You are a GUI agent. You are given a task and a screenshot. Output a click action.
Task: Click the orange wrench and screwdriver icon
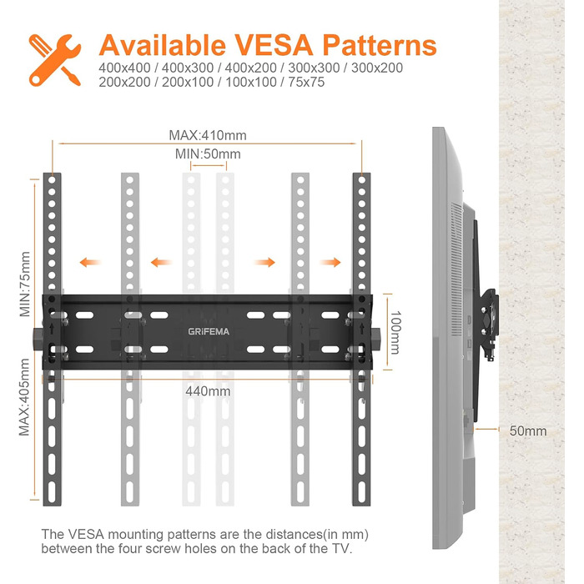[55, 60]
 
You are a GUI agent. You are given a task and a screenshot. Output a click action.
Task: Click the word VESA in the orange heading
[274, 45]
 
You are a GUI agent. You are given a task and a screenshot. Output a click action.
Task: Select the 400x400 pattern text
[124, 68]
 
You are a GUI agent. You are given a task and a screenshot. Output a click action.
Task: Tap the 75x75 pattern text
[306, 82]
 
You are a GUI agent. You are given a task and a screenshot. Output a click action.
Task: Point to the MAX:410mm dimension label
[208, 135]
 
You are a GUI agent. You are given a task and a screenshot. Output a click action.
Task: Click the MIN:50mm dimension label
[208, 154]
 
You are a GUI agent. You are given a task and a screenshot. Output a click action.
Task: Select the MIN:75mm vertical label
[25, 284]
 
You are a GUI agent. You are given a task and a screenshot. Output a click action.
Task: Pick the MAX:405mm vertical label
[24, 397]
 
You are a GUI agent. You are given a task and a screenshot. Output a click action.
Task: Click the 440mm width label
[208, 391]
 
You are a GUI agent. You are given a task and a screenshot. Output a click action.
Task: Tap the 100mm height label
[395, 332]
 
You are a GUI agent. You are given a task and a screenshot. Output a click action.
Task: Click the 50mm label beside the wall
[528, 431]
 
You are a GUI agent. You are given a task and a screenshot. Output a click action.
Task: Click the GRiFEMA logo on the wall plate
[209, 331]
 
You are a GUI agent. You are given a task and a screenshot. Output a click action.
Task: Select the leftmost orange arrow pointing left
[90, 262]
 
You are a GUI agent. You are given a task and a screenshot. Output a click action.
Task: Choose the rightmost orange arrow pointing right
[330, 262]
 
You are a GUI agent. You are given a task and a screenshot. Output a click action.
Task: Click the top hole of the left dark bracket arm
[52, 180]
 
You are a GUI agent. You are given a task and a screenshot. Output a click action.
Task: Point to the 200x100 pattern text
[188, 82]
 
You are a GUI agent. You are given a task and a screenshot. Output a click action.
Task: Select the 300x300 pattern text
[314, 68]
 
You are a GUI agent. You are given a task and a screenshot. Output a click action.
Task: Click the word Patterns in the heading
[380, 45]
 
